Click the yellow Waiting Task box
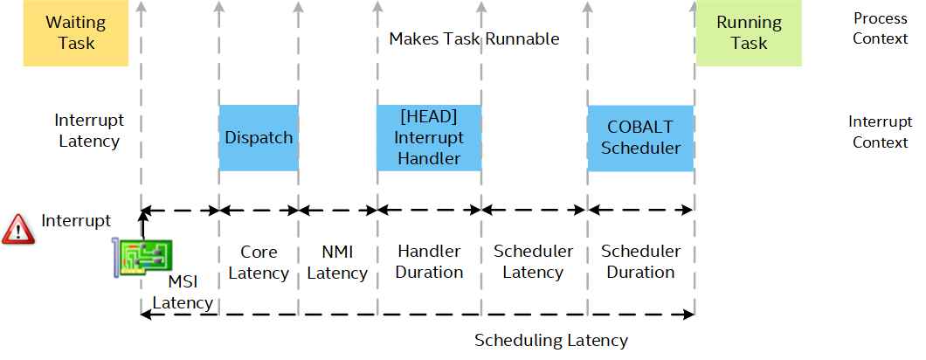pos(76,33)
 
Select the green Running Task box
pos(749,33)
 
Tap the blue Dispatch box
pos(259,138)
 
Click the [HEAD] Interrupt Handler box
pos(429,138)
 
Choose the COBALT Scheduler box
pos(640,138)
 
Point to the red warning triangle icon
pos(18,229)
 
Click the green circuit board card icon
pos(142,258)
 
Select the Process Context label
pos(881,28)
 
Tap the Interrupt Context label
pos(881,132)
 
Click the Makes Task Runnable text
pos(474,39)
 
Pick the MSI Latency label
pos(183,292)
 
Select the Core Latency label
pos(259,262)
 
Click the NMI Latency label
pos(337,262)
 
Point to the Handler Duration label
pos(429,262)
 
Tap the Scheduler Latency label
pos(533,262)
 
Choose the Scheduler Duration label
pos(640,262)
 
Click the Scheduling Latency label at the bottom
pos(551,341)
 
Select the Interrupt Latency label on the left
pos(89,131)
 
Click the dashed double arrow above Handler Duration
pos(429,209)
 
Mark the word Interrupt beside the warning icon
pos(76,221)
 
